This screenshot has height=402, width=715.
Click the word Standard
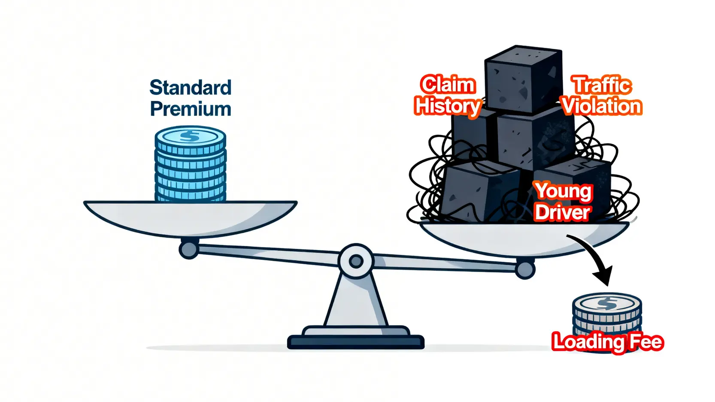pos(190,88)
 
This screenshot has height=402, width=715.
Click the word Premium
pos(191,109)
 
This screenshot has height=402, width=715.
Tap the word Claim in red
pos(448,85)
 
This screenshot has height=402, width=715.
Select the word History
pos(448,106)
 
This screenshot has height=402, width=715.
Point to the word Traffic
pos(602,85)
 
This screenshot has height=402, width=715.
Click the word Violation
pos(602,106)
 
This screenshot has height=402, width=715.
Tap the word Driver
pos(563,212)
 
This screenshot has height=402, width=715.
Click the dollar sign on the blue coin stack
pos(190,136)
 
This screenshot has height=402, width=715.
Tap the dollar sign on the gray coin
pos(607,303)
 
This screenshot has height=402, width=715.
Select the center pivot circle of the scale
pos(356,261)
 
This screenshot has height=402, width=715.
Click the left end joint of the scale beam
pos(188,249)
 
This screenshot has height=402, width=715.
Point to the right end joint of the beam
pos(525,269)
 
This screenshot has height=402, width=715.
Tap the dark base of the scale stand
pos(355,342)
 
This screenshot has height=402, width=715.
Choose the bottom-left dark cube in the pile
pos(476,193)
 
